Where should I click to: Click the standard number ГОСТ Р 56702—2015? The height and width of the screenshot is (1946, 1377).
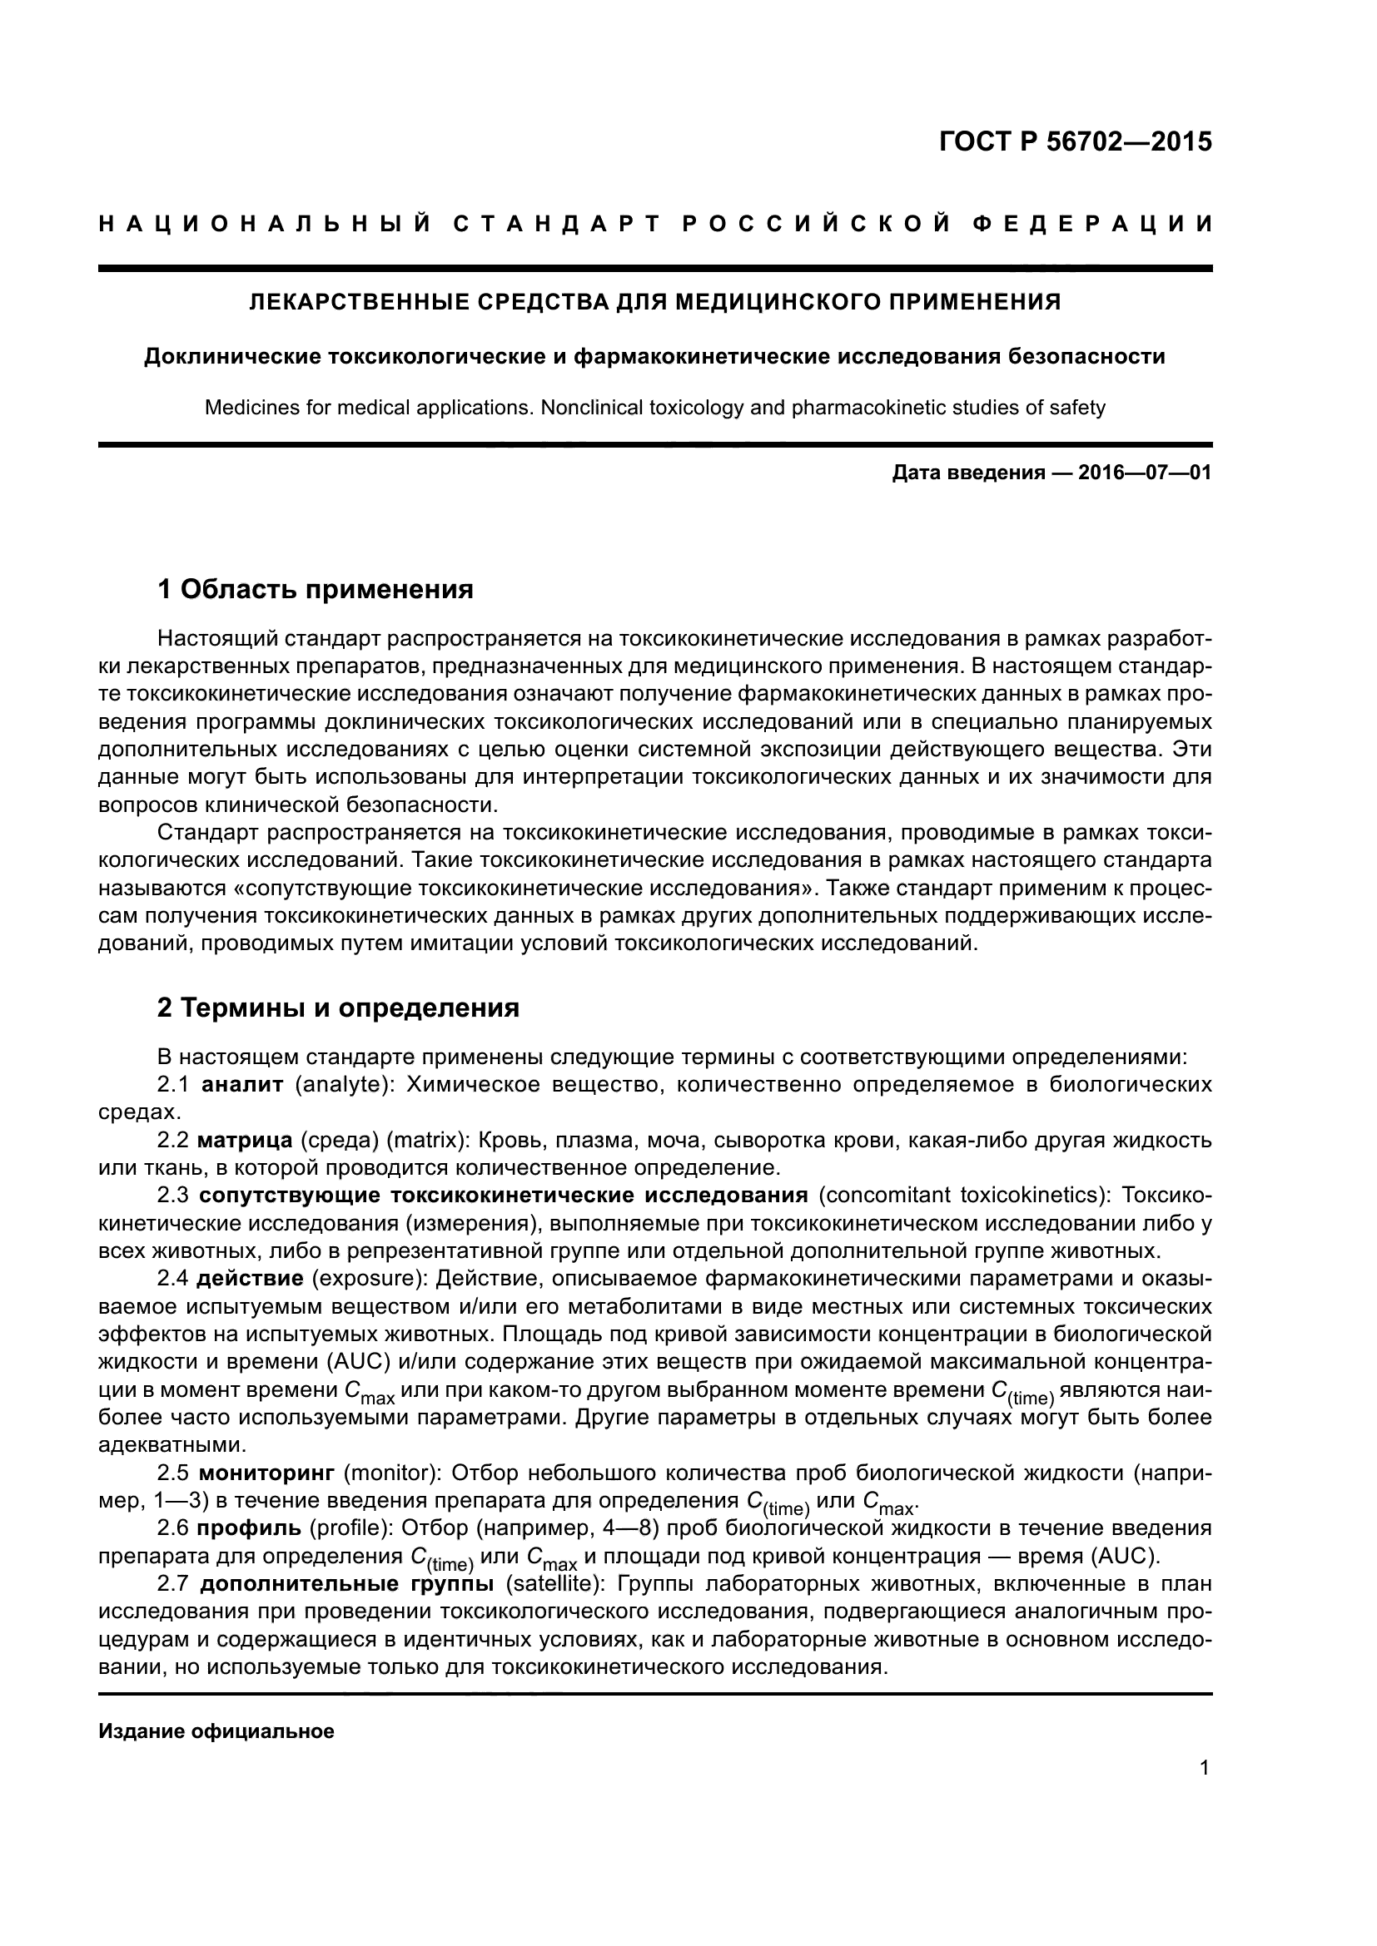click(1075, 141)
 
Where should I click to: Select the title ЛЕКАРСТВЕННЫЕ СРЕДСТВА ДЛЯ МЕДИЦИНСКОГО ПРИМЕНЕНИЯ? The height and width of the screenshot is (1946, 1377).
click(654, 302)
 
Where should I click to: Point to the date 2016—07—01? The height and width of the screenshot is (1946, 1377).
click(1144, 473)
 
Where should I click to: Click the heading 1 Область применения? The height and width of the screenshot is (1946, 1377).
click(316, 589)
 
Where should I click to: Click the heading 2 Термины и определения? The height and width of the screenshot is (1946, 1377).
click(338, 1008)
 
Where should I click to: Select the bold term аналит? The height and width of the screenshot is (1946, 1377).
click(242, 1085)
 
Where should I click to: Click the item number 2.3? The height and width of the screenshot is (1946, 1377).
click(175, 1196)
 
